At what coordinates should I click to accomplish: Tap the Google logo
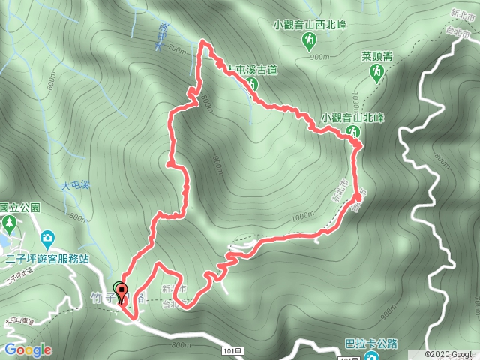[x=28, y=350]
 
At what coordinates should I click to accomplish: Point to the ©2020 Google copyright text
[x=451, y=354]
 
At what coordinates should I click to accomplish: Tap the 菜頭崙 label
[x=377, y=56]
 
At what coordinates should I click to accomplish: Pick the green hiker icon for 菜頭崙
[x=377, y=71]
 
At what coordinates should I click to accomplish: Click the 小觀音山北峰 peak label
[x=352, y=117]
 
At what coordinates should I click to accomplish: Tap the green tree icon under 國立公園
[x=9, y=223]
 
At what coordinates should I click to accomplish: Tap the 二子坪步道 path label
[x=20, y=278]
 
